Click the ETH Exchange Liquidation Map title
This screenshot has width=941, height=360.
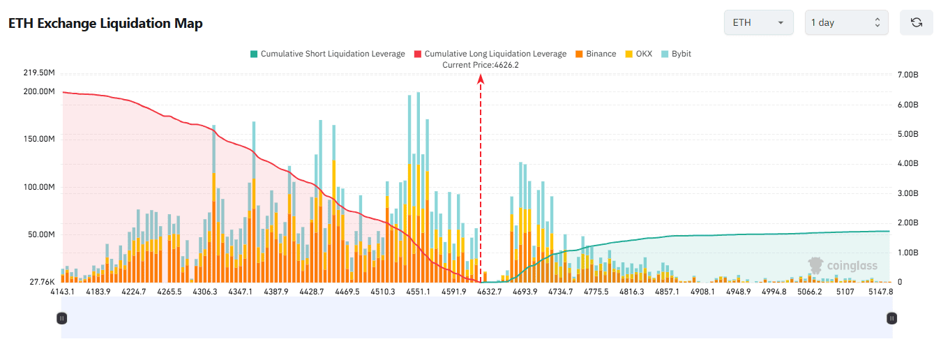[x=105, y=23]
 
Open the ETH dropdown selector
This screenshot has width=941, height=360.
[x=758, y=22]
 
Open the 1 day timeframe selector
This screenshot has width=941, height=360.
[x=846, y=22]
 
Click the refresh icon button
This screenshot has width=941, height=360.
[x=917, y=22]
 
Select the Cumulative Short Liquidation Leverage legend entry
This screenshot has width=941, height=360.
[x=327, y=54]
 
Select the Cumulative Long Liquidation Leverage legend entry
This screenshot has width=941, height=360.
[x=490, y=54]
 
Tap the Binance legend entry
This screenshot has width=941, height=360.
[x=596, y=54]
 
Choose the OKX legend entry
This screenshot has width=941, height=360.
[x=638, y=54]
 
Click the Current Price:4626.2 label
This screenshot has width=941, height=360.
[x=481, y=65]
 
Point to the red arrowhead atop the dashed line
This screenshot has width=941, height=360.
[x=481, y=79]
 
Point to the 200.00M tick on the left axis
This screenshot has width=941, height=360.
[x=39, y=91]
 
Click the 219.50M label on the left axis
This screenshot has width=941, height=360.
[x=39, y=73]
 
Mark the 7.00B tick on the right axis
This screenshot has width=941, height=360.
[x=908, y=75]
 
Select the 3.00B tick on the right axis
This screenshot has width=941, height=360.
[x=908, y=193]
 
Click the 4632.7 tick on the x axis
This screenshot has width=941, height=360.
[x=490, y=292]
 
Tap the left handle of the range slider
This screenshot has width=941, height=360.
[x=61, y=318]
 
